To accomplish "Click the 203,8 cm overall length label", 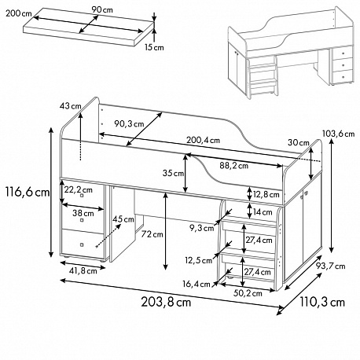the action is point(166,302).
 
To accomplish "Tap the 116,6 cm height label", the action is point(28,193).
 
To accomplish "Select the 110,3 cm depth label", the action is point(322,302).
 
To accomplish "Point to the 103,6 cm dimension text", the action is point(338,134).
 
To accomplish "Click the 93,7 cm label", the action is point(330,266).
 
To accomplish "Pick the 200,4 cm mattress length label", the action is point(203,140).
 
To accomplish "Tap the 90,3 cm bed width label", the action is point(129,123).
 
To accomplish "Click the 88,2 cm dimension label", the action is point(234,166).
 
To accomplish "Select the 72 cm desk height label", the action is point(152,234).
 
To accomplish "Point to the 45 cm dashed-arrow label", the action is point(123,219).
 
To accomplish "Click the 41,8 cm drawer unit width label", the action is point(83,270).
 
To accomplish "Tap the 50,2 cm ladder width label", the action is point(248,293).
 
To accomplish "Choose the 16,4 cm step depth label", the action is point(197,284).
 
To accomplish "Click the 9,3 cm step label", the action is point(202,228).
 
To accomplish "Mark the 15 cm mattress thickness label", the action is point(154,47).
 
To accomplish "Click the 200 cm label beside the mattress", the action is point(18,13).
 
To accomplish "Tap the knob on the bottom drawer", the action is point(82,245).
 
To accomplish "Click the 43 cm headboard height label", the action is point(71,106).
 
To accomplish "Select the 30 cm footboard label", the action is point(299,142).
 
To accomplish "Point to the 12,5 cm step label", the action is point(199,260).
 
